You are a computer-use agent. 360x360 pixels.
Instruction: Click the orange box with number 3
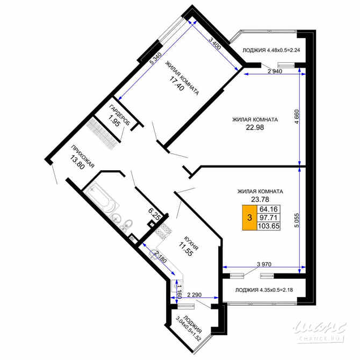tap(249, 218)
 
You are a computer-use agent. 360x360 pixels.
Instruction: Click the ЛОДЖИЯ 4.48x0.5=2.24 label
tap(270, 51)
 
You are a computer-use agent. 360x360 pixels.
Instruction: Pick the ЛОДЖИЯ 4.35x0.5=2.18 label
tap(264, 291)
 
